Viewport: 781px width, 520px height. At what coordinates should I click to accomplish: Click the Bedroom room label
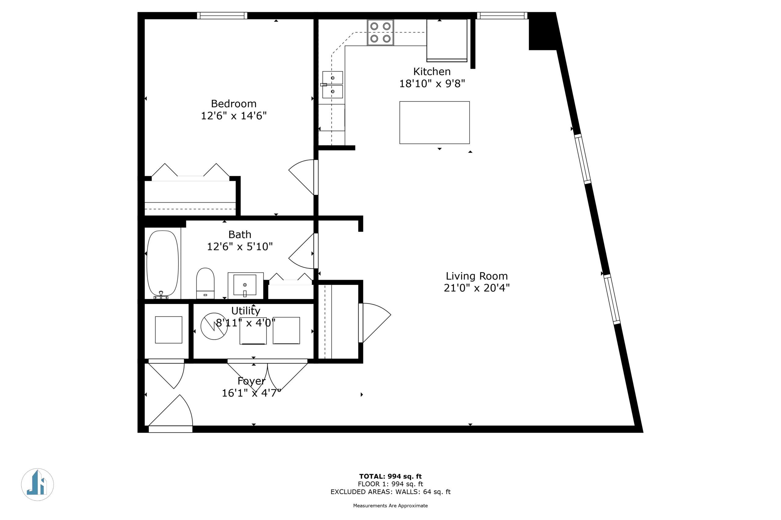click(234, 104)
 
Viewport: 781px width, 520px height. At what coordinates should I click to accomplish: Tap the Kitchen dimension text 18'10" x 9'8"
click(432, 83)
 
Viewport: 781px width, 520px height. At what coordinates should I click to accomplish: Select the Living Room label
click(477, 276)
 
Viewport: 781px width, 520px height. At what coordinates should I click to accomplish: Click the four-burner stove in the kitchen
click(380, 33)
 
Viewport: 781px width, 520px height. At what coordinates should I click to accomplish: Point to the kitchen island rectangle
click(434, 123)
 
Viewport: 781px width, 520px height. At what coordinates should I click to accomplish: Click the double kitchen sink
click(333, 85)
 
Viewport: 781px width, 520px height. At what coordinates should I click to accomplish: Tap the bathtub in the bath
click(162, 263)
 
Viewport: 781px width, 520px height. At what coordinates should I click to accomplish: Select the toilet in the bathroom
click(205, 283)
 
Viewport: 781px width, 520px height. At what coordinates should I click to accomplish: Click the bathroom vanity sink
click(245, 285)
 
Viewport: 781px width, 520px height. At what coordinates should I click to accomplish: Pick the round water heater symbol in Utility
click(214, 326)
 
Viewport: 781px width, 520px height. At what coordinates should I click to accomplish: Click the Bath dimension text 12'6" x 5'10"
click(240, 247)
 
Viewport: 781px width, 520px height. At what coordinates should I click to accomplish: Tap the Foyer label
click(251, 381)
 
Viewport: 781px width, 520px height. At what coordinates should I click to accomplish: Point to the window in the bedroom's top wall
click(222, 16)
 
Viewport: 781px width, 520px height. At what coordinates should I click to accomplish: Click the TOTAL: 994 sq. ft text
click(390, 476)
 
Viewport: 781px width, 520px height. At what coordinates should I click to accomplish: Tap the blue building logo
click(38, 485)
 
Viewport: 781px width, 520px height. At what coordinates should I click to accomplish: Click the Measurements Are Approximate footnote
click(390, 506)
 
